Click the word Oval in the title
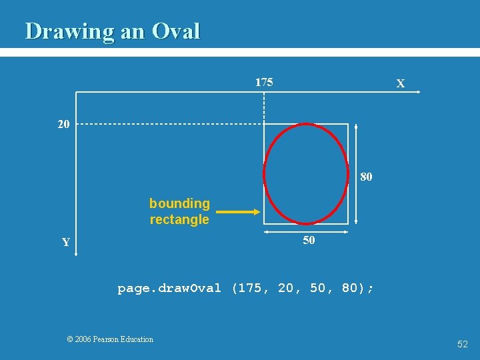click(x=176, y=31)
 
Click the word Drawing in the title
click(x=70, y=31)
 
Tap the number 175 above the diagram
click(x=264, y=83)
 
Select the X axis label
click(x=400, y=84)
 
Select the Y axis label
click(x=66, y=243)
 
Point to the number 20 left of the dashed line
click(x=63, y=124)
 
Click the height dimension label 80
click(x=366, y=177)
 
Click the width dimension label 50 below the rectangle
click(x=309, y=241)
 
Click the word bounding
click(x=179, y=203)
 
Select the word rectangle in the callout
click(x=179, y=219)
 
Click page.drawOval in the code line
click(x=169, y=288)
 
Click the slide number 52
click(x=462, y=344)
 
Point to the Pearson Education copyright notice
click(x=110, y=339)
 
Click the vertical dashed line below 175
click(x=265, y=107)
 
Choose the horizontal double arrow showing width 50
click(x=307, y=232)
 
